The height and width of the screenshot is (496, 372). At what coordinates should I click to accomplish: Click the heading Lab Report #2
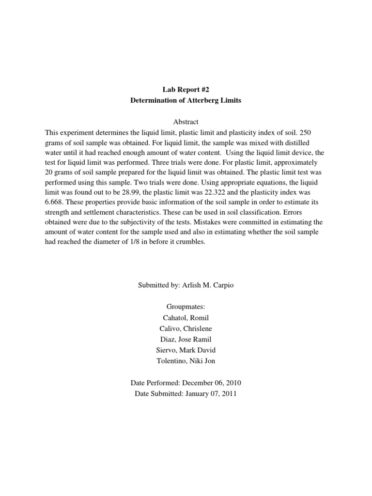click(x=186, y=90)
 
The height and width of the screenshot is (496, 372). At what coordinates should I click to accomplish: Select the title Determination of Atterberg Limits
click(x=186, y=100)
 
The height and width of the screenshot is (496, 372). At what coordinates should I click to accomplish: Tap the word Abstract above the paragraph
click(x=186, y=122)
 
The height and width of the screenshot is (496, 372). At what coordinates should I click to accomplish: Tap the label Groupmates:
click(x=186, y=307)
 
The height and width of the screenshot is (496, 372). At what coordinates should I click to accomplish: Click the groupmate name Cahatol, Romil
click(x=186, y=317)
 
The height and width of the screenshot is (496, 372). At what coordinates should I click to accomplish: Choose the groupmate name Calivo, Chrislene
click(x=186, y=328)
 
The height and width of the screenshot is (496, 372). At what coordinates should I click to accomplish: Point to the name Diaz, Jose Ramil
click(x=186, y=339)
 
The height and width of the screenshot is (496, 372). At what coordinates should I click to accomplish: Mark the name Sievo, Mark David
click(x=186, y=349)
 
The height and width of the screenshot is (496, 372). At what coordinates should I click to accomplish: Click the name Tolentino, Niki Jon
click(x=186, y=360)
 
